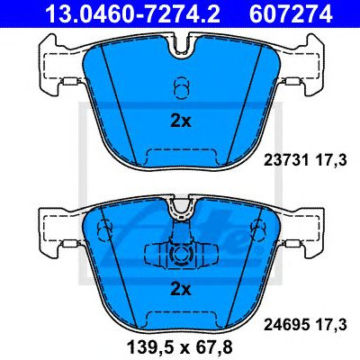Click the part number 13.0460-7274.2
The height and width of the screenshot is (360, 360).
(x=133, y=13)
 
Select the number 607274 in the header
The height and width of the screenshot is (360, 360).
(x=291, y=13)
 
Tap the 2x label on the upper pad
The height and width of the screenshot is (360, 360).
(x=181, y=121)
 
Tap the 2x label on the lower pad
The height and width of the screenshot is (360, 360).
(x=181, y=290)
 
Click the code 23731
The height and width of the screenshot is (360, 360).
(x=286, y=160)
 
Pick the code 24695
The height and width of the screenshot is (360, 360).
(x=286, y=325)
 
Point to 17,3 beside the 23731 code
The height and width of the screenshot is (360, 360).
(x=330, y=161)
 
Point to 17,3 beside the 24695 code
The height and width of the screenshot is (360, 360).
(x=330, y=325)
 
